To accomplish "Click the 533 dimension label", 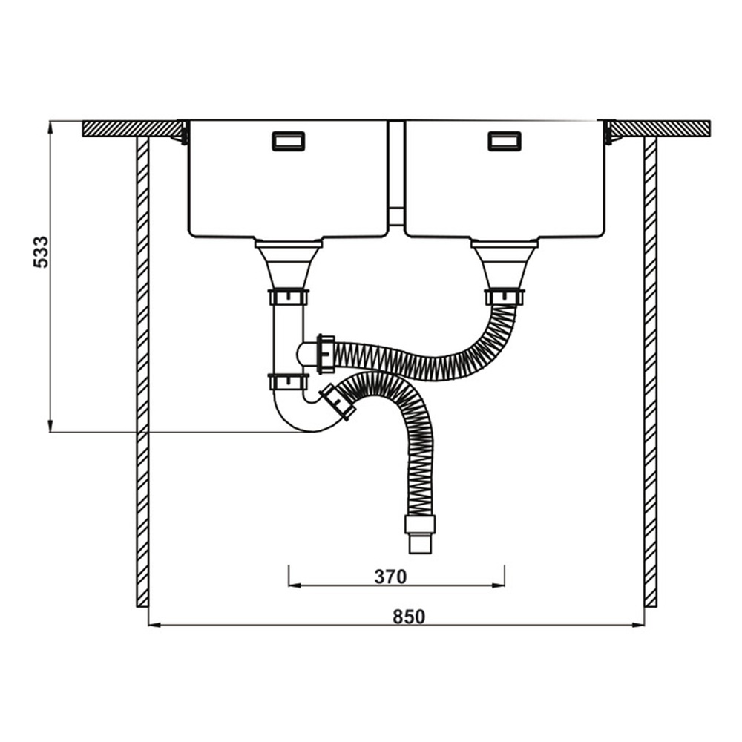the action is click(x=41, y=252).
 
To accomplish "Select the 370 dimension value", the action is click(x=390, y=577).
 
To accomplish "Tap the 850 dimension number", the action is click(x=409, y=617).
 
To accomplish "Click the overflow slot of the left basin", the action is click(x=289, y=141).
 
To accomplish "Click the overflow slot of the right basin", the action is click(x=505, y=141).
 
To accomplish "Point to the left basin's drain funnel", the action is click(x=289, y=264).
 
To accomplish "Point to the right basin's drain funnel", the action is click(x=505, y=264).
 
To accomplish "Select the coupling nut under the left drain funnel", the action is click(x=289, y=298).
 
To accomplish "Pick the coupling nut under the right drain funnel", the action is click(x=505, y=298).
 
